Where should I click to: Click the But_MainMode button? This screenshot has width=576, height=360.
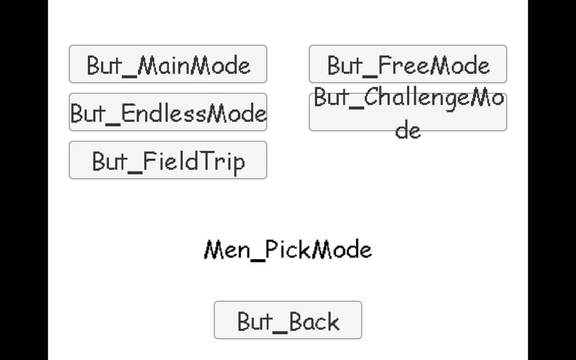168,65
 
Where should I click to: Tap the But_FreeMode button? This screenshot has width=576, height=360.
408,65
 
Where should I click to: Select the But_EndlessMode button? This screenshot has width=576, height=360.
168,112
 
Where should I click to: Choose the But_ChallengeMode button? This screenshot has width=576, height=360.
408,112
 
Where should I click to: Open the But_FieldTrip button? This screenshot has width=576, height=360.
168,160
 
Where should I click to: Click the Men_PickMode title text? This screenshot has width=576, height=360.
288,250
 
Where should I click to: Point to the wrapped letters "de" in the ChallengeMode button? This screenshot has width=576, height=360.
408,131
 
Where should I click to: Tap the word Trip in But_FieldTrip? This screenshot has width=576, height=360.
221,161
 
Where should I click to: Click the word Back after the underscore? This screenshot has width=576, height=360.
315,322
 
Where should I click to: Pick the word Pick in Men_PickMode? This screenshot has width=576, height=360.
289,250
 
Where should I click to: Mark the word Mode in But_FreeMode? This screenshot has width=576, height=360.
461,65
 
